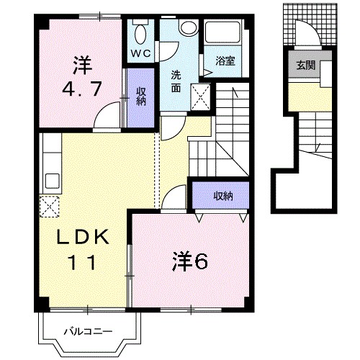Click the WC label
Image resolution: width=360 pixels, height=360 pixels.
[140, 53]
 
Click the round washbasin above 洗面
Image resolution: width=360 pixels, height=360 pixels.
[189, 27]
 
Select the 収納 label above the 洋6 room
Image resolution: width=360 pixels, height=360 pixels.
[222, 195]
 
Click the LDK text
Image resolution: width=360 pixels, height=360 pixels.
[81, 237]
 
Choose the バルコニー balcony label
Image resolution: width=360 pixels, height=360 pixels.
[86, 332]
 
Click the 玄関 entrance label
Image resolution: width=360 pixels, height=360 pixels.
[303, 65]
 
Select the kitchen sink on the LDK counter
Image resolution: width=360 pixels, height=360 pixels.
[52, 179]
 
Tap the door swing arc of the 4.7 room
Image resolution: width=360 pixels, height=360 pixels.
[108, 114]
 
